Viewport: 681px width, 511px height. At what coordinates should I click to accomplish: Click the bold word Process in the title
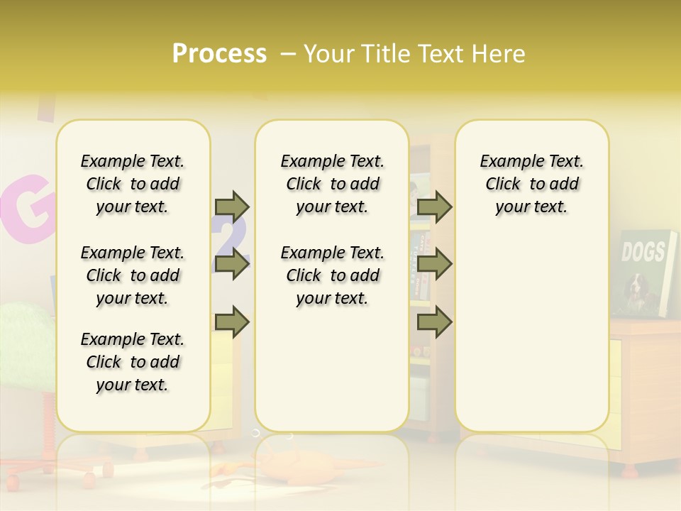tap(219, 53)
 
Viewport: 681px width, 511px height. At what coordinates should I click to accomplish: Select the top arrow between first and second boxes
tap(232, 207)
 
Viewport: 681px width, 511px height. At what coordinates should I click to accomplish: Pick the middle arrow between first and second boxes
tap(232, 264)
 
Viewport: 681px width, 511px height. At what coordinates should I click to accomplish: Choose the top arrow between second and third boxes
tap(434, 207)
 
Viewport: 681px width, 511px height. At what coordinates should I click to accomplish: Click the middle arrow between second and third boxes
tap(434, 264)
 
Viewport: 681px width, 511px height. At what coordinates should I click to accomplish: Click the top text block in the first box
tap(133, 184)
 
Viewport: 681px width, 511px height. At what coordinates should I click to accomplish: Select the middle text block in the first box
tap(133, 275)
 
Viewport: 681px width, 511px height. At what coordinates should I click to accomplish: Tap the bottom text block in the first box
tap(133, 362)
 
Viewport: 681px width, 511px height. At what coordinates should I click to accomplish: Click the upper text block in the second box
tap(332, 184)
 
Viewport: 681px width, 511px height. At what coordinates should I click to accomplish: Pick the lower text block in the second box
tap(332, 275)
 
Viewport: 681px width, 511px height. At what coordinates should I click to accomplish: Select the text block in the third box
tap(531, 184)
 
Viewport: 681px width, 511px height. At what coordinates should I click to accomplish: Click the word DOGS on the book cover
tap(643, 251)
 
